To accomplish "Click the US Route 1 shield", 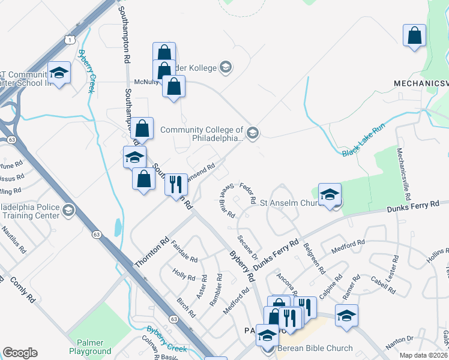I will click(69, 40).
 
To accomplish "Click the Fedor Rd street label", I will click(248, 193).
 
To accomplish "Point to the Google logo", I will click(20, 353).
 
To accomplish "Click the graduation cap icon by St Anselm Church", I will click(330, 194).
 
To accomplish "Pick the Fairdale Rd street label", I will click(184, 250).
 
